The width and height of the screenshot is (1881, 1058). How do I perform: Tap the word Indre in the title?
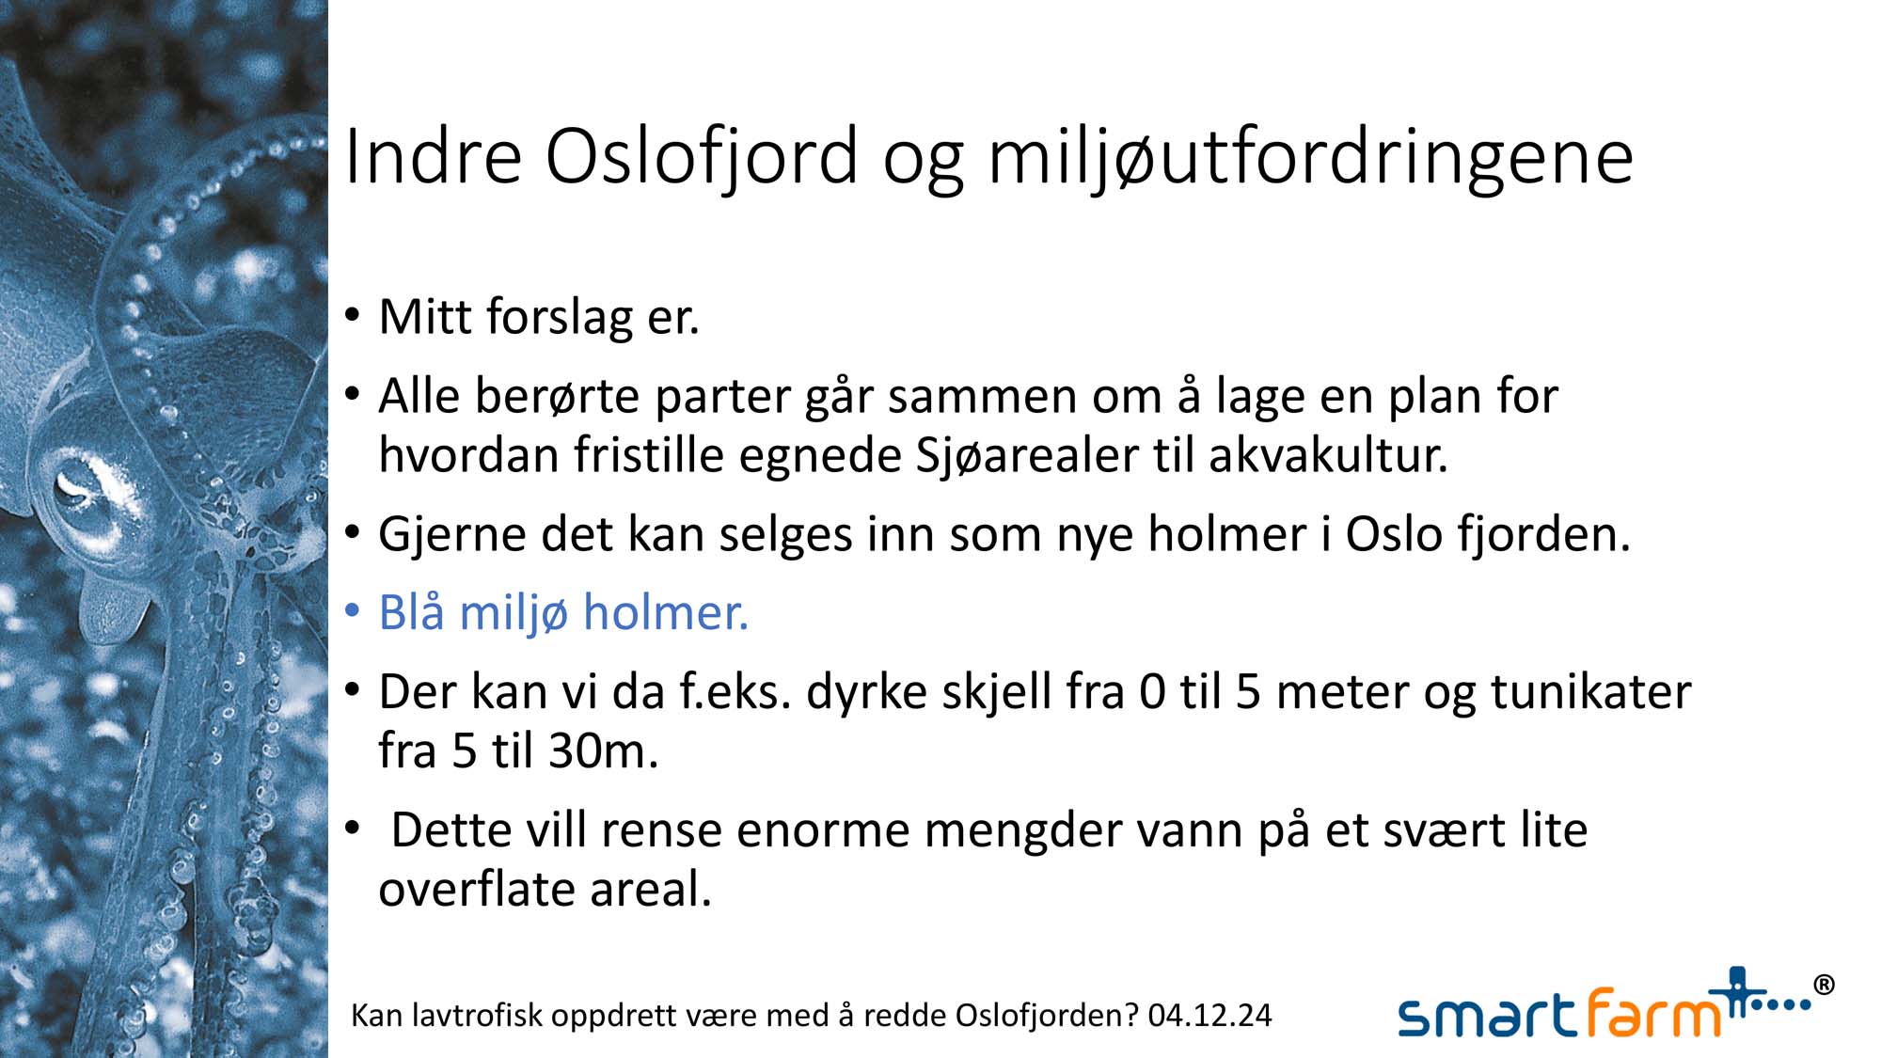(434, 155)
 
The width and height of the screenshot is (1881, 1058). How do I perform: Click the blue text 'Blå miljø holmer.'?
(563, 612)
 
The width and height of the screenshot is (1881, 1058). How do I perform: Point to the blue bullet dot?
(353, 612)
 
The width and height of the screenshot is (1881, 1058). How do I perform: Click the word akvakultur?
(1328, 455)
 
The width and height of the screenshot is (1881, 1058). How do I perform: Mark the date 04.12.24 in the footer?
(1209, 1016)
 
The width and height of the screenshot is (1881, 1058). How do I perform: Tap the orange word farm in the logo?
(1655, 1012)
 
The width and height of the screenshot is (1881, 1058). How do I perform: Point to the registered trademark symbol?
(1823, 985)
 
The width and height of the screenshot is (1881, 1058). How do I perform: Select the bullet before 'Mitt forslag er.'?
(353, 315)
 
